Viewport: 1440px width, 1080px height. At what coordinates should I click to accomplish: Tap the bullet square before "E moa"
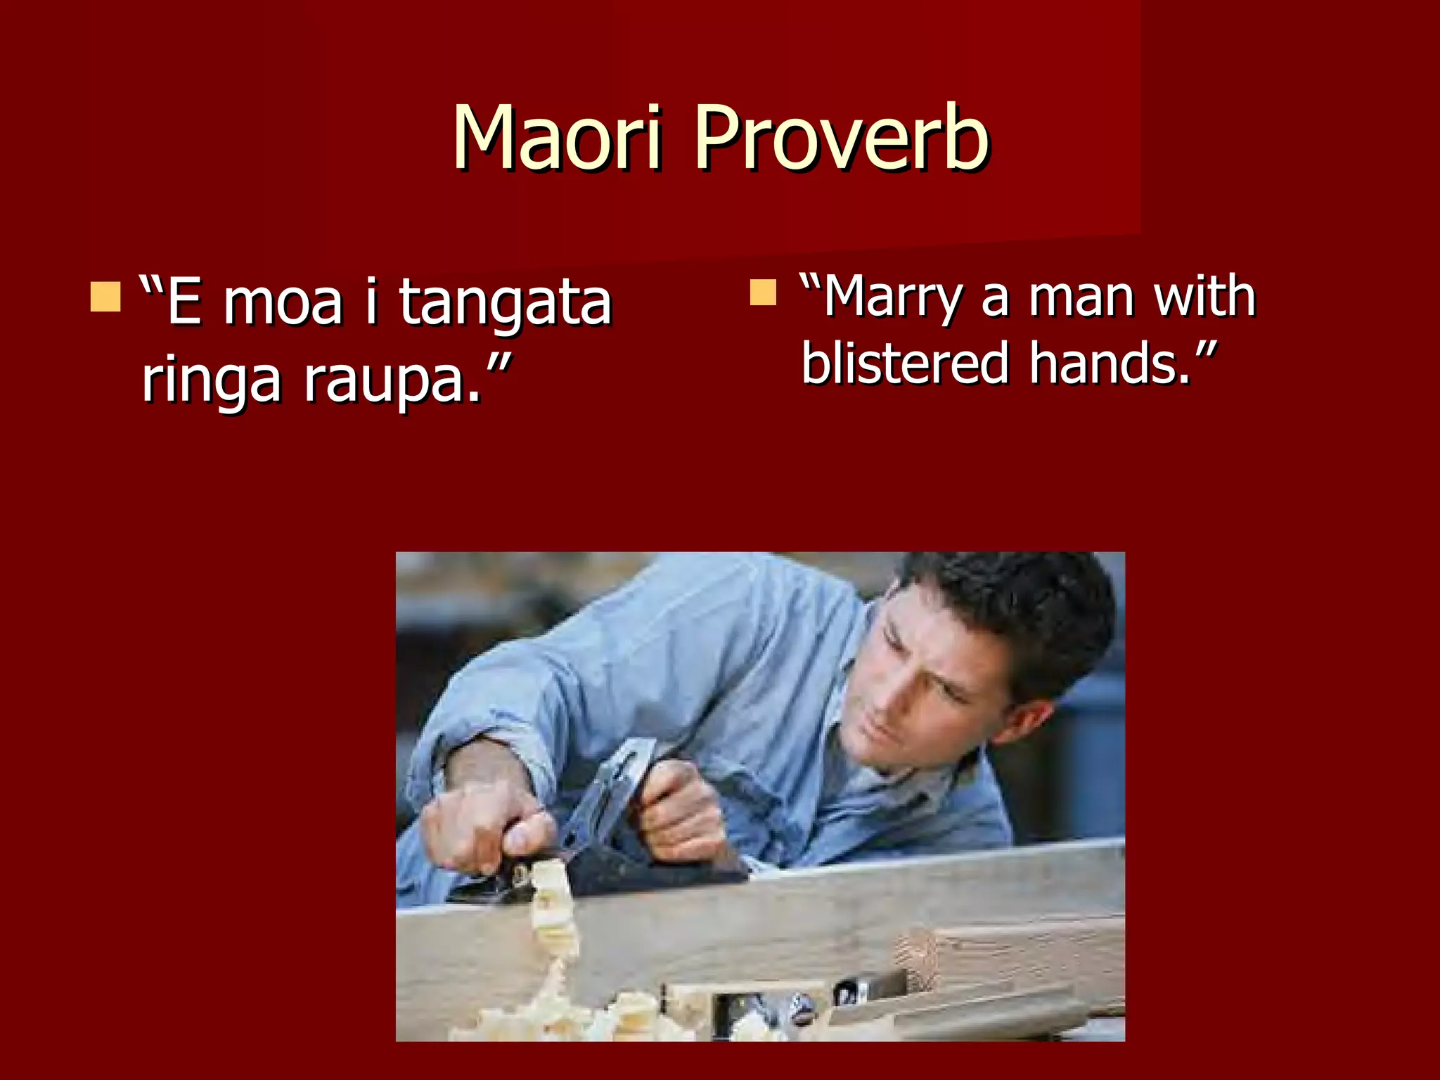105,297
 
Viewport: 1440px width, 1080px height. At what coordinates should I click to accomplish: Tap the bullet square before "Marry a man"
763,292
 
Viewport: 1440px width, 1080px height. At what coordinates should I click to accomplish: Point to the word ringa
211,380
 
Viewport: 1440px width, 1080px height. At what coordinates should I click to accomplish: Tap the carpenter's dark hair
1020,605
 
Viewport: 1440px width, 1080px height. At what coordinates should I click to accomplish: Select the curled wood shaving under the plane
552,907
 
